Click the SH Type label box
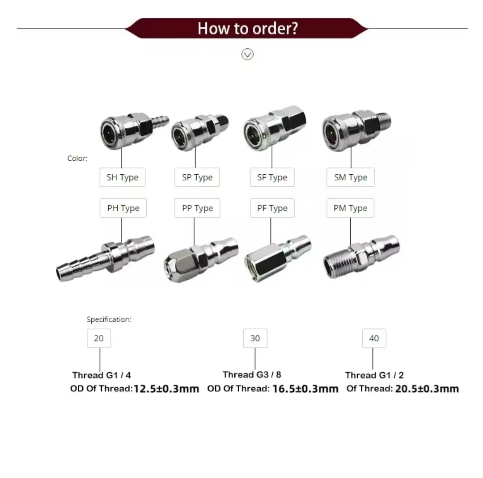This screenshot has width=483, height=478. click(122, 177)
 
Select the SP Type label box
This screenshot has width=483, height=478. click(197, 177)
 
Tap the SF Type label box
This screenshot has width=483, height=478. click(272, 177)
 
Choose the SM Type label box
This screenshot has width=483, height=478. click(351, 177)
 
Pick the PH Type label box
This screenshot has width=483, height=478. click(123, 208)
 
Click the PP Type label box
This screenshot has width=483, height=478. click(197, 208)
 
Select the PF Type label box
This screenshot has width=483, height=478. click(272, 208)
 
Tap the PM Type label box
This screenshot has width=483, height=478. click(350, 208)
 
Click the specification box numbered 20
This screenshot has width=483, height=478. click(99, 338)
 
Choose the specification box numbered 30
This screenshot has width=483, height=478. click(255, 338)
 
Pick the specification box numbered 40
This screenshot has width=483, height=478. click(374, 338)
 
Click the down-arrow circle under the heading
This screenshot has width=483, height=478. click(247, 55)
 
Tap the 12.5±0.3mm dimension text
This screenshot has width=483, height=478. click(166, 389)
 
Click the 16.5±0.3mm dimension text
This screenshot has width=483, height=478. click(305, 389)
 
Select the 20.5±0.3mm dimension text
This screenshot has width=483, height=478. click(427, 389)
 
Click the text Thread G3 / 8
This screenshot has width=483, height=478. click(252, 374)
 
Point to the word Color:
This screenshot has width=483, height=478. click(77, 159)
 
